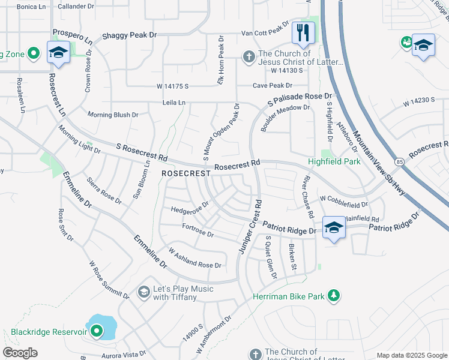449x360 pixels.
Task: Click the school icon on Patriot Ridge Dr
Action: (334, 227)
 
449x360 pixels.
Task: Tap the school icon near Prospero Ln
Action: (58, 52)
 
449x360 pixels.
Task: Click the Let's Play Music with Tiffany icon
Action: (143, 292)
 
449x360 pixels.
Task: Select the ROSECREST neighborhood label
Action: (186, 173)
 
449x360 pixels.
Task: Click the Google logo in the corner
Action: (20, 353)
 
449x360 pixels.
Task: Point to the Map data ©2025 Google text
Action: (411, 355)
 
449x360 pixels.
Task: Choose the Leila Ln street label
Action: (173, 103)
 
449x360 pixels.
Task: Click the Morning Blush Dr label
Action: (113, 115)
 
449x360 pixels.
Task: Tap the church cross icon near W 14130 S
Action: (248, 57)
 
